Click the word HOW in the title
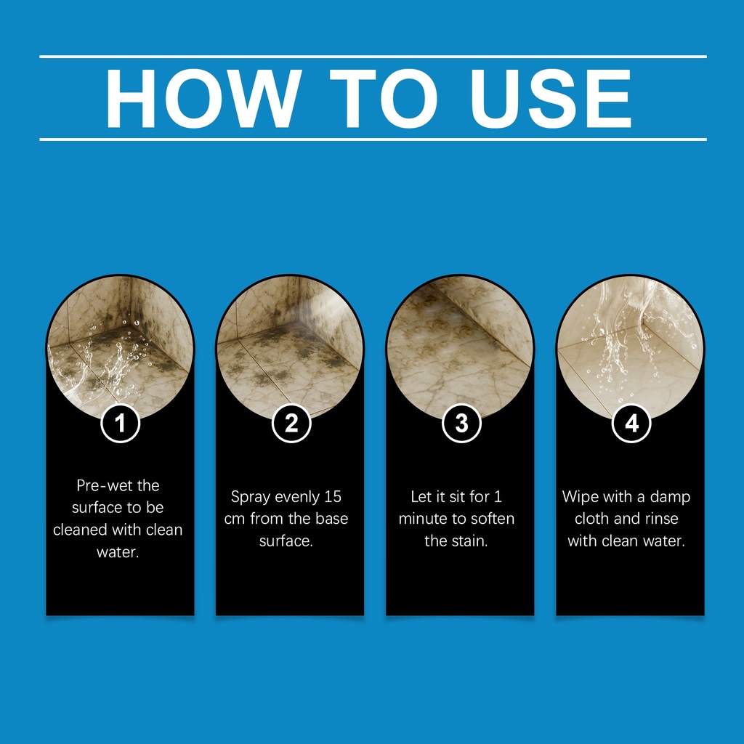coord(203,98)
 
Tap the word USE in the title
coord(551,98)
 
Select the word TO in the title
coord(384,98)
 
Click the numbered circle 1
coord(120,423)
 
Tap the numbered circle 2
coord(291,423)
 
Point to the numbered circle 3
coord(461,423)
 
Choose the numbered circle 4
coord(631,423)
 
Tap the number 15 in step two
coord(333,496)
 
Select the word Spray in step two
coord(251,497)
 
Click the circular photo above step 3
coord(460,347)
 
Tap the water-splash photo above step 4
coord(630,347)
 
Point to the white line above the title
coord(373,57)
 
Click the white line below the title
coord(373,139)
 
